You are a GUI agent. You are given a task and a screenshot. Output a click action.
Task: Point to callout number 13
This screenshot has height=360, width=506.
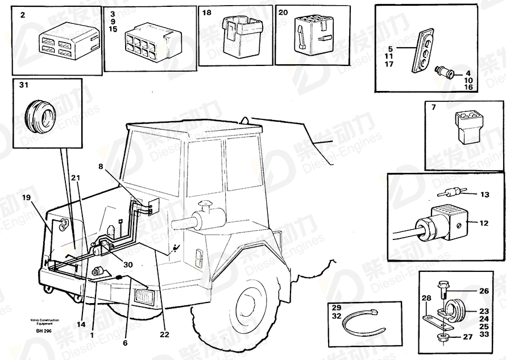coord(484,195)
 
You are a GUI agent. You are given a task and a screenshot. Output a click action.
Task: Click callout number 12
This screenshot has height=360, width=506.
coord(484,224)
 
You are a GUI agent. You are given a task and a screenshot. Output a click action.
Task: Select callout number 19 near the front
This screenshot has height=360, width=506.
coord(27,198)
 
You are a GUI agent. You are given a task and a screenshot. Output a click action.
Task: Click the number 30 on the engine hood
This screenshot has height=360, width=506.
coord(128,264)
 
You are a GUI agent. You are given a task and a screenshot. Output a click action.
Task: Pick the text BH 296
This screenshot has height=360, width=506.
coord(43,331)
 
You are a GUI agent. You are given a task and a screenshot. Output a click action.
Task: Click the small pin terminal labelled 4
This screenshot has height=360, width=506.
coord(443,72)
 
